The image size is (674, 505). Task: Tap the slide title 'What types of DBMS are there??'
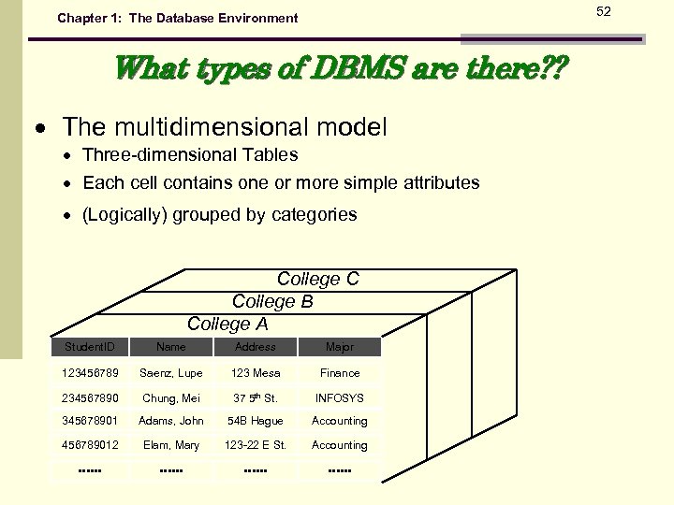(x=339, y=69)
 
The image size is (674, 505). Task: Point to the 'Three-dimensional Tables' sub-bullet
(x=190, y=154)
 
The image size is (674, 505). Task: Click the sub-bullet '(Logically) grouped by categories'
(x=219, y=214)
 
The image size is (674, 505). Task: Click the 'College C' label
(x=317, y=279)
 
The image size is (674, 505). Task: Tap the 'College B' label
(x=272, y=301)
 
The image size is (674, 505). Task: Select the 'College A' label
(x=227, y=324)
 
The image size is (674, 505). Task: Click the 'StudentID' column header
(x=89, y=347)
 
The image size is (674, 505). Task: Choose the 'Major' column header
(x=339, y=347)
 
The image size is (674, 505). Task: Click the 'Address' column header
(x=255, y=347)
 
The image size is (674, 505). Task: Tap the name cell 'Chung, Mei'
(x=171, y=397)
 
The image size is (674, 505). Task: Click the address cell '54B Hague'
(x=255, y=421)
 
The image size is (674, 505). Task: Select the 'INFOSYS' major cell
(x=339, y=397)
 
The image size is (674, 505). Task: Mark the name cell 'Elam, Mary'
(x=171, y=445)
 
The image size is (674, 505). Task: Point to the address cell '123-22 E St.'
(x=255, y=445)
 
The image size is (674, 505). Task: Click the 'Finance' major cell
(x=339, y=373)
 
